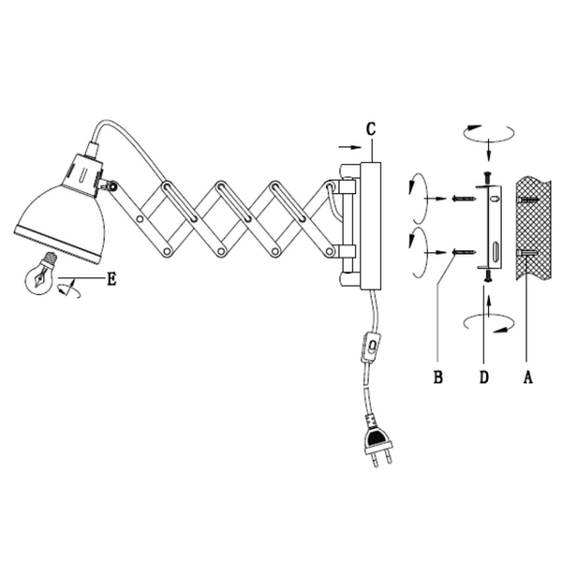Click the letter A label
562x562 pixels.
click(527, 378)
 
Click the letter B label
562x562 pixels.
click(436, 378)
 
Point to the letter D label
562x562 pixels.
click(483, 378)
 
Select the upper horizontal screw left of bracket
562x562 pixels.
click(460, 198)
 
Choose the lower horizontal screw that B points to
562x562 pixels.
click(460, 251)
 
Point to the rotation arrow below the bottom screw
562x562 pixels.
click(488, 323)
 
